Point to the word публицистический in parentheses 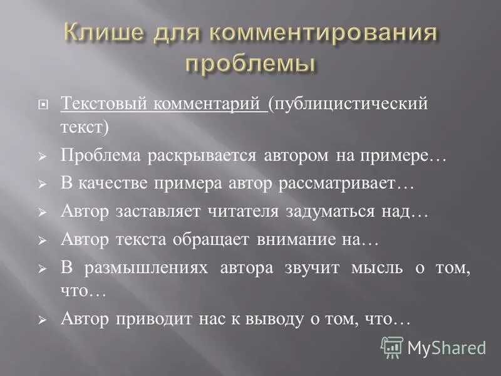tap(351, 103)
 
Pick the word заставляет tap(160, 211)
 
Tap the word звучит tap(311, 268)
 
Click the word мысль tap(378, 268)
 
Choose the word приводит tap(152, 319)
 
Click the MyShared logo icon tap(392, 347)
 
